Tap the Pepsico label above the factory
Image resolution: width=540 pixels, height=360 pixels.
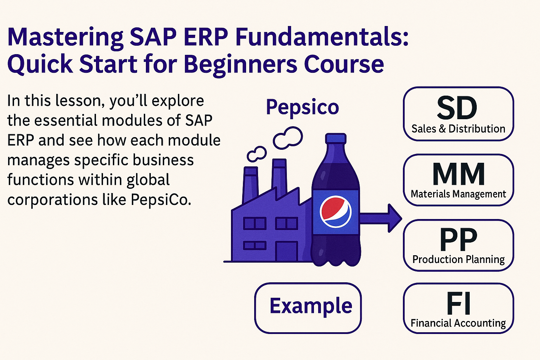tap(303, 108)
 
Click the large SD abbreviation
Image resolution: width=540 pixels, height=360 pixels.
tap(457, 108)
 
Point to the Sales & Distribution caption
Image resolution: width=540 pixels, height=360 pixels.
tap(458, 129)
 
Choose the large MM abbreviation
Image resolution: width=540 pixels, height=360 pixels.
tap(458, 174)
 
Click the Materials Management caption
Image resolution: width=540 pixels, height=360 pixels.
tap(458, 194)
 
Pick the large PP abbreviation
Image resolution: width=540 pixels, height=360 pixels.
tap(458, 239)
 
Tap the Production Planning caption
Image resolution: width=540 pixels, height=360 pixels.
tap(458, 260)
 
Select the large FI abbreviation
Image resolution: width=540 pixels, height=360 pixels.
tap(458, 303)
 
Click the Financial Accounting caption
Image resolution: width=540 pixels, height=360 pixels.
tap(458, 323)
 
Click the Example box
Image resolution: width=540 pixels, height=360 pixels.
tap(308, 308)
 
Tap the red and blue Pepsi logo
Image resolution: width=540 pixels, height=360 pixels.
tap(336, 212)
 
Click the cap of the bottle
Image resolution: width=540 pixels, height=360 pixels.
tap(336, 139)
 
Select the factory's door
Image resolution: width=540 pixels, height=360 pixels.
tap(287, 251)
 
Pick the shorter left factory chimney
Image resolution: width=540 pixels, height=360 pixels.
tap(251, 185)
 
